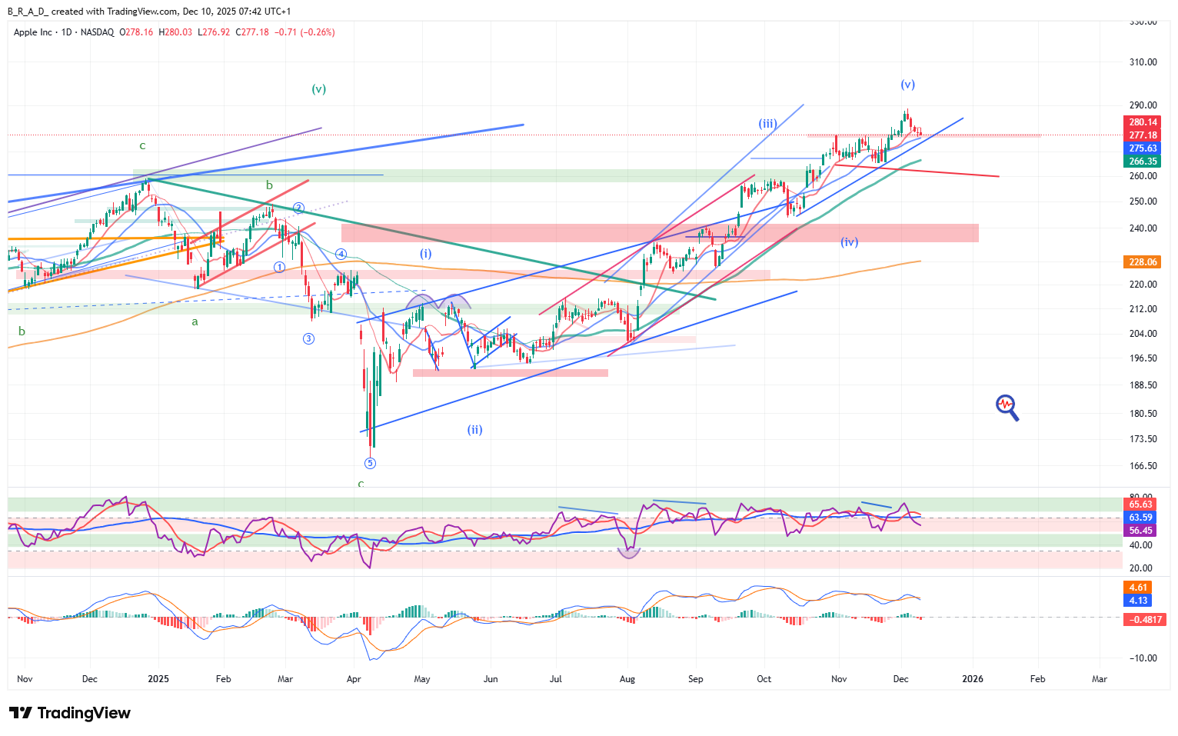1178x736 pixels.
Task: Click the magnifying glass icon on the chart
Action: coord(1007,407)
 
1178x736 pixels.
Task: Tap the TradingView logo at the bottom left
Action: coord(69,713)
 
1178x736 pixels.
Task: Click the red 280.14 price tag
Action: coord(1143,122)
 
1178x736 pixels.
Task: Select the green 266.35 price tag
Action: coord(1143,162)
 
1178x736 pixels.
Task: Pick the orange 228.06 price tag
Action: coord(1143,262)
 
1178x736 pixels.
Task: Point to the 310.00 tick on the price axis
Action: coord(1143,62)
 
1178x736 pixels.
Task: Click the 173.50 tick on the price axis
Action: coord(1143,439)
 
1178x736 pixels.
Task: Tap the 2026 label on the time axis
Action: coord(973,679)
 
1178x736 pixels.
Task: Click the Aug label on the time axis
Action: coord(627,679)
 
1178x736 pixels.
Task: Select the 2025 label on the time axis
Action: coord(158,679)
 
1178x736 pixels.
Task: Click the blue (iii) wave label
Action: coord(767,123)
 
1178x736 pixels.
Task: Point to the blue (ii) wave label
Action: coord(474,430)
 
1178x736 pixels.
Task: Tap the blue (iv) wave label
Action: coord(849,241)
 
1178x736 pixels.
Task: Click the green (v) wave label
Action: coord(318,89)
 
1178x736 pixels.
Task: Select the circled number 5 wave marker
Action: coord(370,463)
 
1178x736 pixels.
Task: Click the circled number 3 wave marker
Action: coord(308,338)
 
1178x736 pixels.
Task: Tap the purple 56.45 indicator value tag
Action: coord(1140,531)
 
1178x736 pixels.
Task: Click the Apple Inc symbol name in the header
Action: coord(33,32)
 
